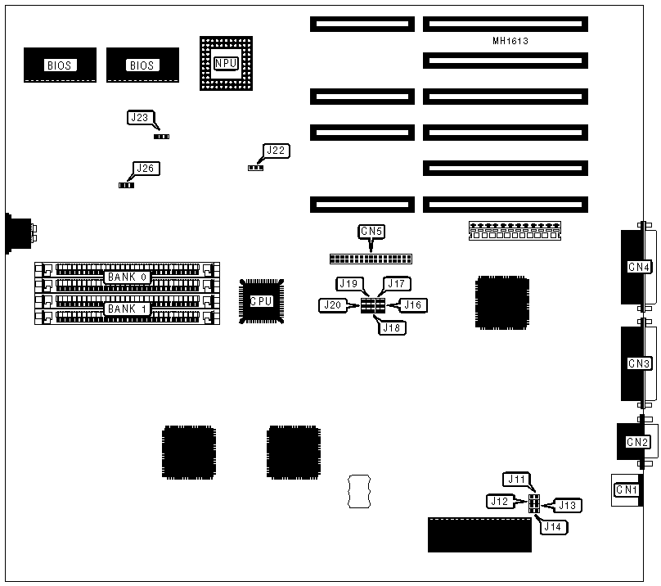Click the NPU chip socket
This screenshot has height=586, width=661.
(x=225, y=62)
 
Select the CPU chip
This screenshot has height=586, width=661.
(x=261, y=301)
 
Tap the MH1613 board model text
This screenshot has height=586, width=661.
(x=504, y=40)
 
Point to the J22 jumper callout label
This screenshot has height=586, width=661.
(x=276, y=151)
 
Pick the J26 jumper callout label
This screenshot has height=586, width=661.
(x=145, y=169)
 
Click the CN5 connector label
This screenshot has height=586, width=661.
(x=371, y=232)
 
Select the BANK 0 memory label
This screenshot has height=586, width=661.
(x=128, y=277)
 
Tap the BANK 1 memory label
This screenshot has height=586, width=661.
(x=128, y=309)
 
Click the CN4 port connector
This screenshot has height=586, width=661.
(x=638, y=266)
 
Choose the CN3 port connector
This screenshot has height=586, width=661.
(x=638, y=363)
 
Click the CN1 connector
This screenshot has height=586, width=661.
(x=626, y=490)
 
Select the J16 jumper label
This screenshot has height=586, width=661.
(x=414, y=305)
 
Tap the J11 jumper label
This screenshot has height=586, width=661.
(x=518, y=479)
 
